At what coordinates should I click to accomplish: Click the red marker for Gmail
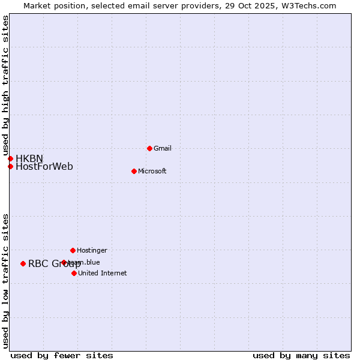(x=149, y=148)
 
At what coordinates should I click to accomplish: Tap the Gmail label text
(x=163, y=148)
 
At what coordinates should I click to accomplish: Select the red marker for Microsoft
(x=134, y=171)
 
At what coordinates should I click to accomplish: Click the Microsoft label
(x=152, y=171)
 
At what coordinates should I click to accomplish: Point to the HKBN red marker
(x=10, y=158)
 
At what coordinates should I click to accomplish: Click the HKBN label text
(x=29, y=158)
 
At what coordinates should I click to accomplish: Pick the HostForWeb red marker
(x=10, y=166)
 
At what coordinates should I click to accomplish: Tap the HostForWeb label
(x=44, y=167)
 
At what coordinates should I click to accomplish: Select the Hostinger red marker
(x=73, y=250)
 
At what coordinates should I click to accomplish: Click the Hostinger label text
(x=92, y=250)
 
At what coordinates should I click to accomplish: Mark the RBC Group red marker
(x=23, y=263)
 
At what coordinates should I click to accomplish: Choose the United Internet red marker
(x=74, y=273)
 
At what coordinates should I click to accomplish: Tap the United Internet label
(x=103, y=273)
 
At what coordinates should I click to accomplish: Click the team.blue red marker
(x=64, y=262)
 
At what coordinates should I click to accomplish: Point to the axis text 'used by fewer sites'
(x=62, y=355)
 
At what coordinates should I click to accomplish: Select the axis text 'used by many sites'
(x=301, y=355)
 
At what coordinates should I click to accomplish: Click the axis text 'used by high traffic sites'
(x=5, y=86)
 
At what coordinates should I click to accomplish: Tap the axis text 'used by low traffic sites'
(x=5, y=280)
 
